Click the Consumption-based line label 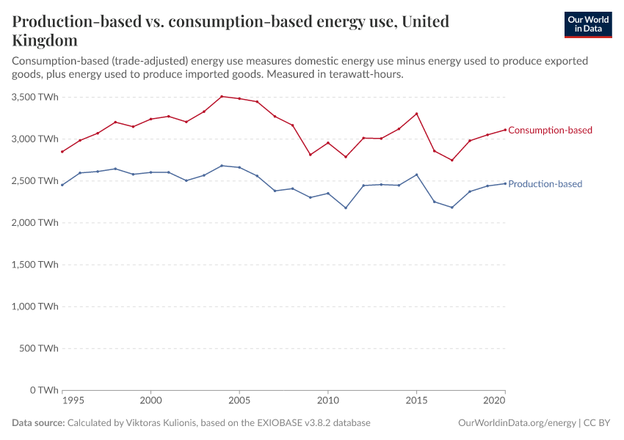[x=550, y=131]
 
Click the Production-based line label [x=545, y=184]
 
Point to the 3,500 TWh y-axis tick [x=35, y=97]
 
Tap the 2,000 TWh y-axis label [x=35, y=223]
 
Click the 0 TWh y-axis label [x=44, y=390]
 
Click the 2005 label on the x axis [x=239, y=402]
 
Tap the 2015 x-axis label [x=416, y=402]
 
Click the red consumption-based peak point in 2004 [x=222, y=96]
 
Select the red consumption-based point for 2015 [x=416, y=114]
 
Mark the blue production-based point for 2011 [x=346, y=208]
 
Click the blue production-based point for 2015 [x=416, y=175]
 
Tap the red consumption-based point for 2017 [x=452, y=160]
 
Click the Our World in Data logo [x=587, y=24]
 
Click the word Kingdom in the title [x=45, y=40]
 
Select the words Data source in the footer [x=37, y=423]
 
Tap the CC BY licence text [x=598, y=423]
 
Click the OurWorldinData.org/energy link [x=516, y=423]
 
